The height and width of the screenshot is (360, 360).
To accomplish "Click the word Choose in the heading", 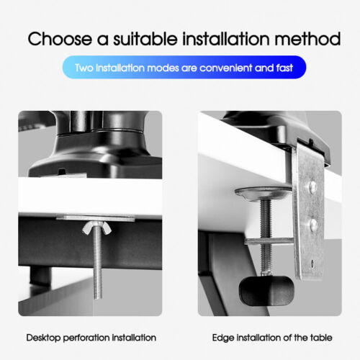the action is pos(60,39).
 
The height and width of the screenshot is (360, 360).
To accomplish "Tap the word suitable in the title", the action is pos(145,38).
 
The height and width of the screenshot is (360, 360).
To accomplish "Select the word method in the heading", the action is pos(307,38).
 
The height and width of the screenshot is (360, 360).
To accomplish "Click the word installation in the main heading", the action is pos(226,38).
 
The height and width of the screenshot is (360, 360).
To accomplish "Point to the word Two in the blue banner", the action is pos(84,68).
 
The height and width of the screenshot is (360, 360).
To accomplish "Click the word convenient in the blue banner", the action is pos(226,68).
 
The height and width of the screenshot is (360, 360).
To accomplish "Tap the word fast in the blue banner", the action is pos(284,68).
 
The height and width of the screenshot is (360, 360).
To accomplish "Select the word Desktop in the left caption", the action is pos(43,338).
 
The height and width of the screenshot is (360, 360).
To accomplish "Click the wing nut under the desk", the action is pos(96,228).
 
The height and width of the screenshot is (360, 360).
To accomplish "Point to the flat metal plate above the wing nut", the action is pos(96,218).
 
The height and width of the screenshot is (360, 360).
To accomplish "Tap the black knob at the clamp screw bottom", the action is pos(266,291).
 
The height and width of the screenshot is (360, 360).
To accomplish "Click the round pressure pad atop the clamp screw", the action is pos(263,193).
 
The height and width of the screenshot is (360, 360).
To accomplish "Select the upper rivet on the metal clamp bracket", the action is pos(312,186).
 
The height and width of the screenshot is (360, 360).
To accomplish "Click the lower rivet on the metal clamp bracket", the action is pos(314,225).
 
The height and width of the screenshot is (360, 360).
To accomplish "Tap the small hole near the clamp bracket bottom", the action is pos(312,264).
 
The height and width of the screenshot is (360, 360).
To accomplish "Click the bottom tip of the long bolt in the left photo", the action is pos(97,297).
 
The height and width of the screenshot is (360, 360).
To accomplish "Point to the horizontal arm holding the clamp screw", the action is pos(269,241).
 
